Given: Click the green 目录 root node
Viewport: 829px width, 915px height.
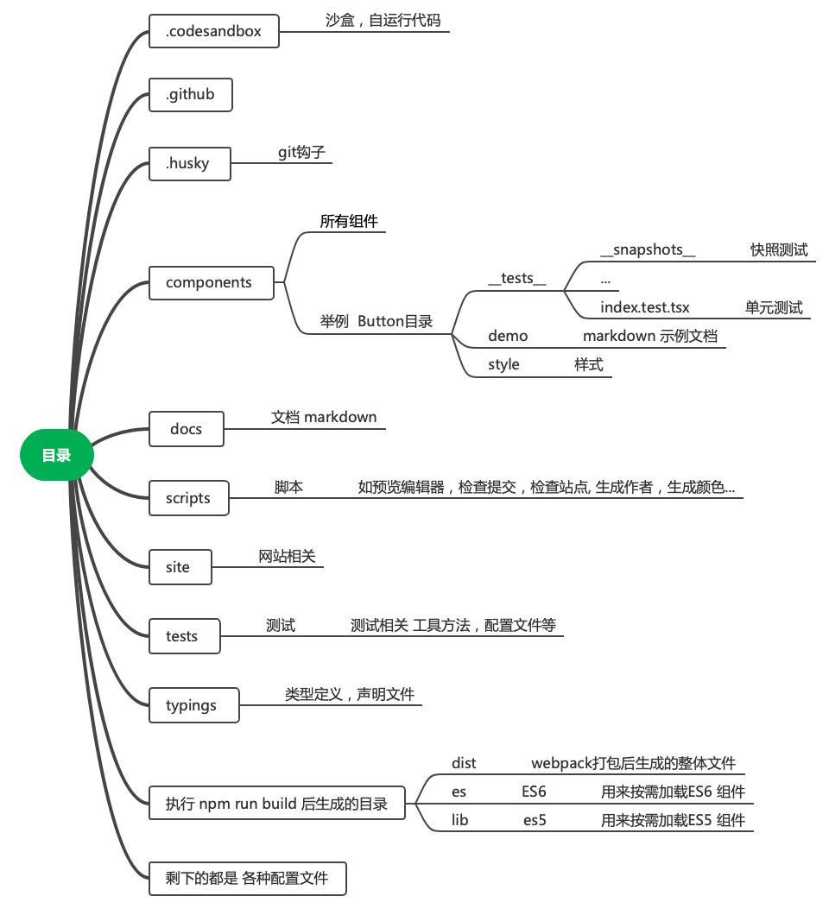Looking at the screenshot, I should (x=56, y=455).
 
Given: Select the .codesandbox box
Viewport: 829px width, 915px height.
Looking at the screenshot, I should (x=215, y=32).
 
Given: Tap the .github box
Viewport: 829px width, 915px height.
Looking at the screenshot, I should (x=191, y=94).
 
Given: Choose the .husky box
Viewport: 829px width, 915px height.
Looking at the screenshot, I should (x=189, y=163).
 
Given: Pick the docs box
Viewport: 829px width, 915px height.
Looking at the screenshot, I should (x=186, y=429).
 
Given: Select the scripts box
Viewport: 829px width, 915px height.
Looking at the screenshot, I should (x=188, y=498).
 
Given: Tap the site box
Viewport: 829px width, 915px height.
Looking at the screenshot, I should (x=180, y=567).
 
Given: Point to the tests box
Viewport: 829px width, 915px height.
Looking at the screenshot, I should (x=184, y=636).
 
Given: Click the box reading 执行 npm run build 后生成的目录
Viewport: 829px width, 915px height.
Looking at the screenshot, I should (x=276, y=805).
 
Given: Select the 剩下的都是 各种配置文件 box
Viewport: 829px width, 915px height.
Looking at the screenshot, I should (x=248, y=879).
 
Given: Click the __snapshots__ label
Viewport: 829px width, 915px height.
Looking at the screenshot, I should (x=648, y=250).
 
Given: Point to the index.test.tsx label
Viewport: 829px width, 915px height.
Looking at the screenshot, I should (x=644, y=307).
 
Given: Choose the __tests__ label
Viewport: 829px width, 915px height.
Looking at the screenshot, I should (x=516, y=278).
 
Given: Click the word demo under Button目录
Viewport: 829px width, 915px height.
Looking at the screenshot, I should (x=508, y=336).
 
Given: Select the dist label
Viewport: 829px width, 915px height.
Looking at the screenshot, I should (x=464, y=763).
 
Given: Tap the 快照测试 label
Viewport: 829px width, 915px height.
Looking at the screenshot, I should (x=779, y=250).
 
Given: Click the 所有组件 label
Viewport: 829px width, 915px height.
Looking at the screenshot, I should (x=349, y=221).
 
